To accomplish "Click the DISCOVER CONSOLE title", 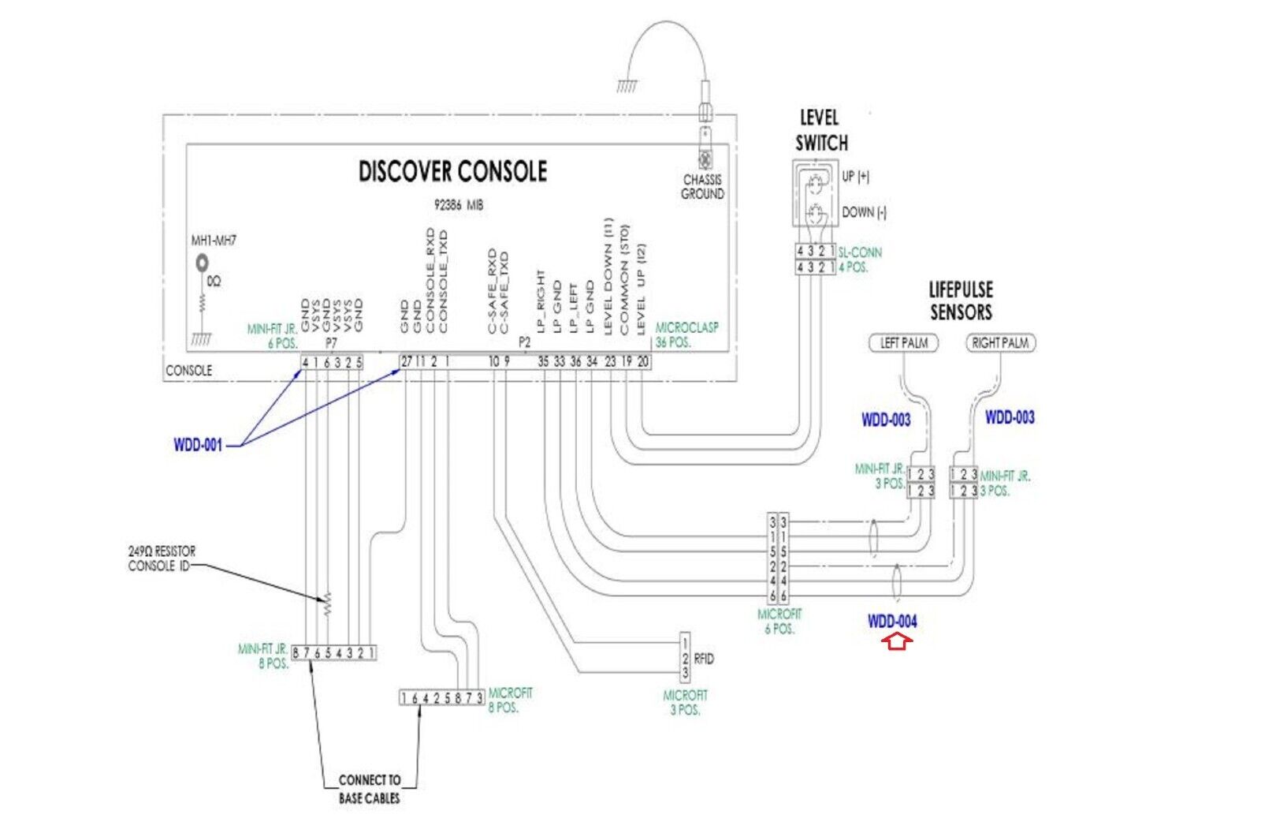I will pyautogui.click(x=452, y=171).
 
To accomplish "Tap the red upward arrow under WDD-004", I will pyautogui.click(x=897, y=641).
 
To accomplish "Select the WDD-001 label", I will pyautogui.click(x=198, y=446).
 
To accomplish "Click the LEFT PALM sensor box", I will pyautogui.click(x=904, y=343).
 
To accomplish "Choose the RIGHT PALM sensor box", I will pyautogui.click(x=1000, y=343).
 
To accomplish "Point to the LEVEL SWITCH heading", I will pyautogui.click(x=821, y=131).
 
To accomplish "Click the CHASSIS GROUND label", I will pyautogui.click(x=702, y=187).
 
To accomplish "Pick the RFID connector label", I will pyautogui.click(x=704, y=659).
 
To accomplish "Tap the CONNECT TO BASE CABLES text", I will pyautogui.click(x=369, y=789).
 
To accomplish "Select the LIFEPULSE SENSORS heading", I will pyautogui.click(x=961, y=301).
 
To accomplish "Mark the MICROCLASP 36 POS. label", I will pyautogui.click(x=686, y=334).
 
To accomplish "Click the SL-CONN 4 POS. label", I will pyautogui.click(x=859, y=260).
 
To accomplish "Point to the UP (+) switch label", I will pyautogui.click(x=855, y=177).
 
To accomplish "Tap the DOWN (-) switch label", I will pyautogui.click(x=864, y=213).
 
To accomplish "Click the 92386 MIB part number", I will pyautogui.click(x=459, y=205).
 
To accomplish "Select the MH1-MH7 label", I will pyautogui.click(x=214, y=241).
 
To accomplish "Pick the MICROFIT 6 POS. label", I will pyautogui.click(x=779, y=621).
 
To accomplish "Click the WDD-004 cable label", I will pyautogui.click(x=892, y=622).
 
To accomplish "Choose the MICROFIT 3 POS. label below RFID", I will pyautogui.click(x=685, y=702).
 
